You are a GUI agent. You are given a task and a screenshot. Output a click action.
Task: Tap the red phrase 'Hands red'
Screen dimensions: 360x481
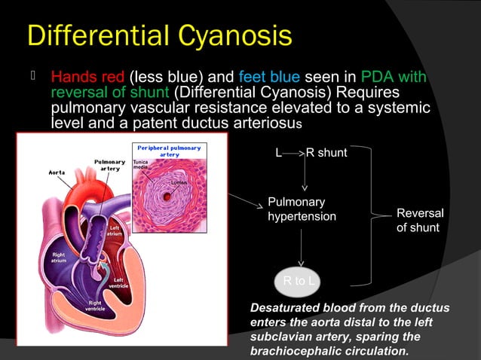click(x=88, y=78)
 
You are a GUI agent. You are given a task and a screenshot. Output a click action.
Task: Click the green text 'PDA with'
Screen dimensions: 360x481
click(x=394, y=78)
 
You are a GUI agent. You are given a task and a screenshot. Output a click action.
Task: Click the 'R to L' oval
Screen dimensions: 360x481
click(x=299, y=282)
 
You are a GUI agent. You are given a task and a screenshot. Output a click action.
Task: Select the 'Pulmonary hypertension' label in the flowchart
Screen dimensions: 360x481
click(x=302, y=209)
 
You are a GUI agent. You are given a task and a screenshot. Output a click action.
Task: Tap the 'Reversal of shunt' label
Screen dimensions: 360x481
click(x=420, y=221)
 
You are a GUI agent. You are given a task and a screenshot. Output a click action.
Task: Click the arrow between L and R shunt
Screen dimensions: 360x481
click(x=294, y=153)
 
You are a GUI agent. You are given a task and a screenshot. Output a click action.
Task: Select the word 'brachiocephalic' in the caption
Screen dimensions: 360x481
click(x=294, y=350)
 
